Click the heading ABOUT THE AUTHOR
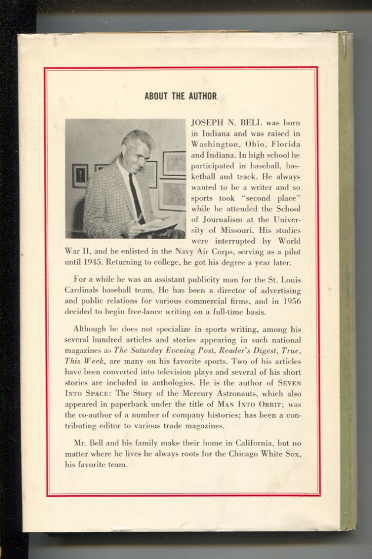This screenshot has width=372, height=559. click(x=180, y=97)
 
